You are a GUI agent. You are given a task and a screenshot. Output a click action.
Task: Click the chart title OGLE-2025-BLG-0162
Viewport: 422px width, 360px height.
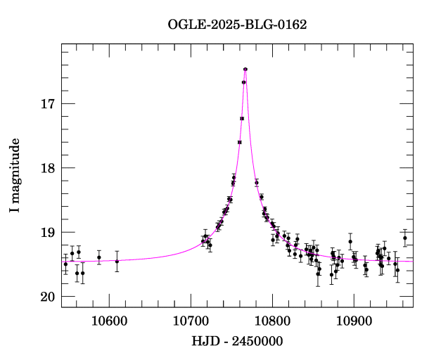(237, 24)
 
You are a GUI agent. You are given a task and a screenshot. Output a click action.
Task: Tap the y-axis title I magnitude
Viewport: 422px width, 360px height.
(15, 176)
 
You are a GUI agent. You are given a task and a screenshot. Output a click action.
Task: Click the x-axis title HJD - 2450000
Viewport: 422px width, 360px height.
(237, 342)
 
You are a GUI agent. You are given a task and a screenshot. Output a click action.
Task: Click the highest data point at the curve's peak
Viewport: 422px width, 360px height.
(245, 69)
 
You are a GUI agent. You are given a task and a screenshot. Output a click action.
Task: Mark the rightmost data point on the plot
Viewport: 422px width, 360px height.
(405, 238)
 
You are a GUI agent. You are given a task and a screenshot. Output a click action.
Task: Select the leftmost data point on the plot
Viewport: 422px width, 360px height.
(65, 264)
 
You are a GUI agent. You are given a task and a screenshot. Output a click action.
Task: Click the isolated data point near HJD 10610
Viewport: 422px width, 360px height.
(117, 261)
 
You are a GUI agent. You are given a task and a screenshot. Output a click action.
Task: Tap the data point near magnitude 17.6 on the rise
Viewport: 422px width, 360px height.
(240, 142)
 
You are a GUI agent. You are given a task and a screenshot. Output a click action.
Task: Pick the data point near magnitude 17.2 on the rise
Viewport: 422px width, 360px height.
(242, 118)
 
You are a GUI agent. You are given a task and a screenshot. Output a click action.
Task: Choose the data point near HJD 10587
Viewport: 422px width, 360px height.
(99, 257)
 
